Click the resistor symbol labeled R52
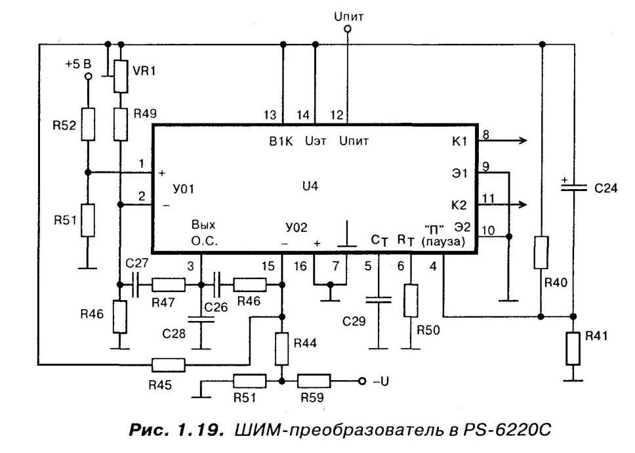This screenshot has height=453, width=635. point(87,123)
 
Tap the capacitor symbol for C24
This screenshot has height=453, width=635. point(574,187)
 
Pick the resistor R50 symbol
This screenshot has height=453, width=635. point(411,301)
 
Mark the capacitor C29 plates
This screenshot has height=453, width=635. point(379,299)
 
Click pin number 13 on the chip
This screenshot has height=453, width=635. point(270,114)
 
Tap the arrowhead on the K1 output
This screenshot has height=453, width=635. point(523,140)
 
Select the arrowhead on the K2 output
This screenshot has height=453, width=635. point(523,204)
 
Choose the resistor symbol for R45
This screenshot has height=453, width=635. point(167,364)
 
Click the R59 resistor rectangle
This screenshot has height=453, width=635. point(314,381)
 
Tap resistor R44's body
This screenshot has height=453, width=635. point(282,349)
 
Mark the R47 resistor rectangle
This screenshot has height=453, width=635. point(167,285)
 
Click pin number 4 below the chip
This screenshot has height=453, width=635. point(432,267)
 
